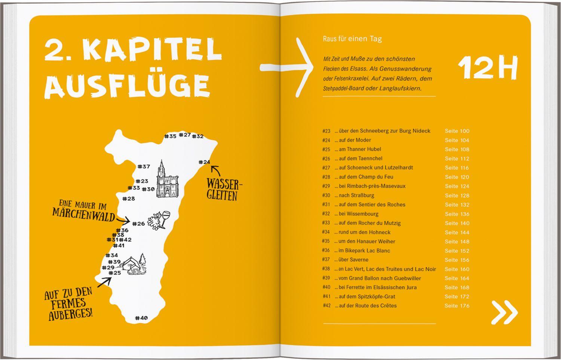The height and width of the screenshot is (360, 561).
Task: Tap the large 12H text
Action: [x=488, y=68]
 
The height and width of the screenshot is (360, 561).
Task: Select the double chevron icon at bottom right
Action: [x=504, y=312]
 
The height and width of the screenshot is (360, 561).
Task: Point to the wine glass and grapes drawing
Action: [x=159, y=219]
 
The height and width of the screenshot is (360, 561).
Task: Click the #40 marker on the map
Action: [x=141, y=318]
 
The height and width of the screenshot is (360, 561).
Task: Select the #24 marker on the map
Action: [x=204, y=162]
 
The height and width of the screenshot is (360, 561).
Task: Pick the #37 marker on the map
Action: [x=144, y=167]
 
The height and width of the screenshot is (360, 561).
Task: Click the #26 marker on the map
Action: [x=138, y=224]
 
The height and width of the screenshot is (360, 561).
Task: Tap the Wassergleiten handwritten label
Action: [x=224, y=190]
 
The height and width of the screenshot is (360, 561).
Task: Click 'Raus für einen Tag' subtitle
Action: [x=352, y=39]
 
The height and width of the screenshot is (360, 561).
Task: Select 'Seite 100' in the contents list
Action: [x=457, y=131]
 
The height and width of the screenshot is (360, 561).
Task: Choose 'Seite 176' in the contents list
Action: [x=457, y=306]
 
